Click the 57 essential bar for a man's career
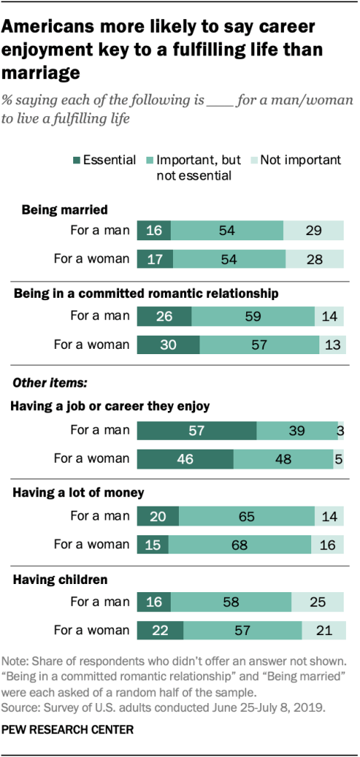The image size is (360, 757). [197, 430]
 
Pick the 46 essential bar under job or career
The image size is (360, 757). [185, 458]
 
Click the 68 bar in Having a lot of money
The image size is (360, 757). [240, 545]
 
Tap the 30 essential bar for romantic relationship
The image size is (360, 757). [169, 344]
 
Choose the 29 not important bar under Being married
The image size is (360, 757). [313, 231]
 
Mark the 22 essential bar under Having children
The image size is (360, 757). [160, 631]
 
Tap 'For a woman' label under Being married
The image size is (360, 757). [92, 259]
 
